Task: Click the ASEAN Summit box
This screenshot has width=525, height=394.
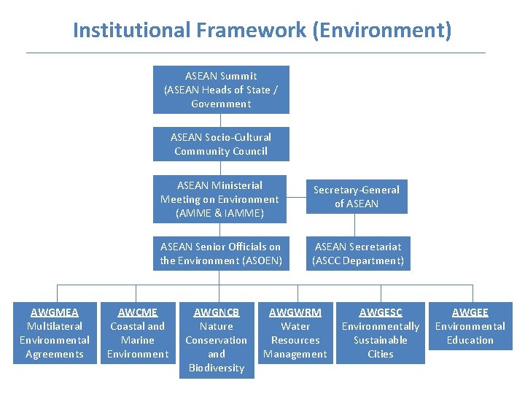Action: tap(221, 90)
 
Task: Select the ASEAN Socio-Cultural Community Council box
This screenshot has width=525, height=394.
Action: tap(221, 144)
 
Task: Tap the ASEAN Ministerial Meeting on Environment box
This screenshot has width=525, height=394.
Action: tap(219, 199)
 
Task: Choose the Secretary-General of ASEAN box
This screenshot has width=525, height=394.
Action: tap(357, 196)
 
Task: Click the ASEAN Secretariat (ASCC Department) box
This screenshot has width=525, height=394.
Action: tap(358, 253)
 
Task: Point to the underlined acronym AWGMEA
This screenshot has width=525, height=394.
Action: tap(55, 312)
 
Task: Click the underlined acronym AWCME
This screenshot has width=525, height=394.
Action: tap(138, 312)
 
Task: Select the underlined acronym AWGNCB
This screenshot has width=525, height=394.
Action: tap(217, 312)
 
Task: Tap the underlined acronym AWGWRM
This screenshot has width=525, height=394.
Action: tap(295, 312)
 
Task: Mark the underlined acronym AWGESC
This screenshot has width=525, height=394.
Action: tap(381, 312)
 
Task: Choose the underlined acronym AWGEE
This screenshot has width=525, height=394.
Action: tap(470, 312)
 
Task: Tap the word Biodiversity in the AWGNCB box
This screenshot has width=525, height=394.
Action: tap(217, 368)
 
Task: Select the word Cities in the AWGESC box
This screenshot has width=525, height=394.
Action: tap(381, 354)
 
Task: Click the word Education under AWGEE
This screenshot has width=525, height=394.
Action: tap(470, 340)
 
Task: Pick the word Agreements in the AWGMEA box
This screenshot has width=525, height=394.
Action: tap(55, 354)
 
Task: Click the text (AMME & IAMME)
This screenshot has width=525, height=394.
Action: tap(219, 213)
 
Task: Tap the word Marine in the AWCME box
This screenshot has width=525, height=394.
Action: tap(138, 340)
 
